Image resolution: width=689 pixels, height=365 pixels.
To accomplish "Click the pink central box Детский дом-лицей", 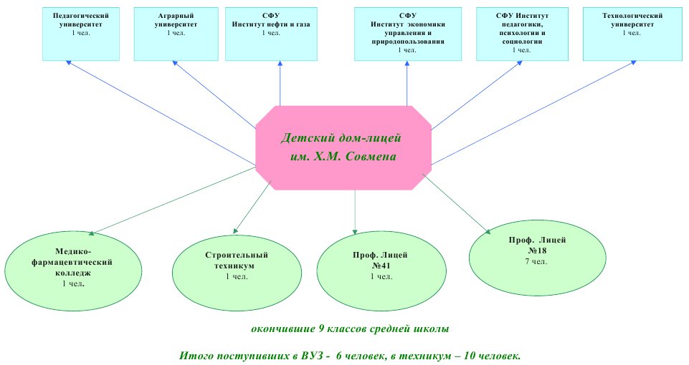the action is [x=343, y=148].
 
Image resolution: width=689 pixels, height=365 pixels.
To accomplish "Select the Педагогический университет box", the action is [x=81, y=34].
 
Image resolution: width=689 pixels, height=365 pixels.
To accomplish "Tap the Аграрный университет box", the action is [x=176, y=34].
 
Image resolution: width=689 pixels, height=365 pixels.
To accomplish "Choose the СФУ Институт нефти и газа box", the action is [x=271, y=34].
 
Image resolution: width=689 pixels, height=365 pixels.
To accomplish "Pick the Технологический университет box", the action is [x=632, y=34].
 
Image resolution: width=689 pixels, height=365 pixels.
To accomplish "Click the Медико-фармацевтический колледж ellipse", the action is [x=73, y=271].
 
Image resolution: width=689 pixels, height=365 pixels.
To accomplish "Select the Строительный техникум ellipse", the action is [x=237, y=273].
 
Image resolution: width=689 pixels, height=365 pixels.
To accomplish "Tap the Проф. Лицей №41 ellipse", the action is [x=381, y=271].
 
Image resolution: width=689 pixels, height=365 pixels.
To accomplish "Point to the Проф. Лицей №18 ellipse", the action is [x=538, y=258].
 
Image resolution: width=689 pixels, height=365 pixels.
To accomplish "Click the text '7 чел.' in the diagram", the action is [x=536, y=261].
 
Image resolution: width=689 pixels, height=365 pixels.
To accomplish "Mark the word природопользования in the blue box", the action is [x=408, y=42].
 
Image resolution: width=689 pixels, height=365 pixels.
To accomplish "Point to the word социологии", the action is [x=522, y=42].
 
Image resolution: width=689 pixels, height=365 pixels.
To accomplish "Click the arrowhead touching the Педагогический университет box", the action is [x=69, y=63].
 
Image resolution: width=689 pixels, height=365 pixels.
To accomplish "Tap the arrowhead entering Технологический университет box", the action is [x=634, y=63].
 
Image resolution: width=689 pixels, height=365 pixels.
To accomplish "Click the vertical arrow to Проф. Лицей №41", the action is [x=355, y=213].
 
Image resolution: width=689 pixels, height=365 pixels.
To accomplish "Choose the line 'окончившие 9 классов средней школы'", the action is [x=350, y=329].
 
